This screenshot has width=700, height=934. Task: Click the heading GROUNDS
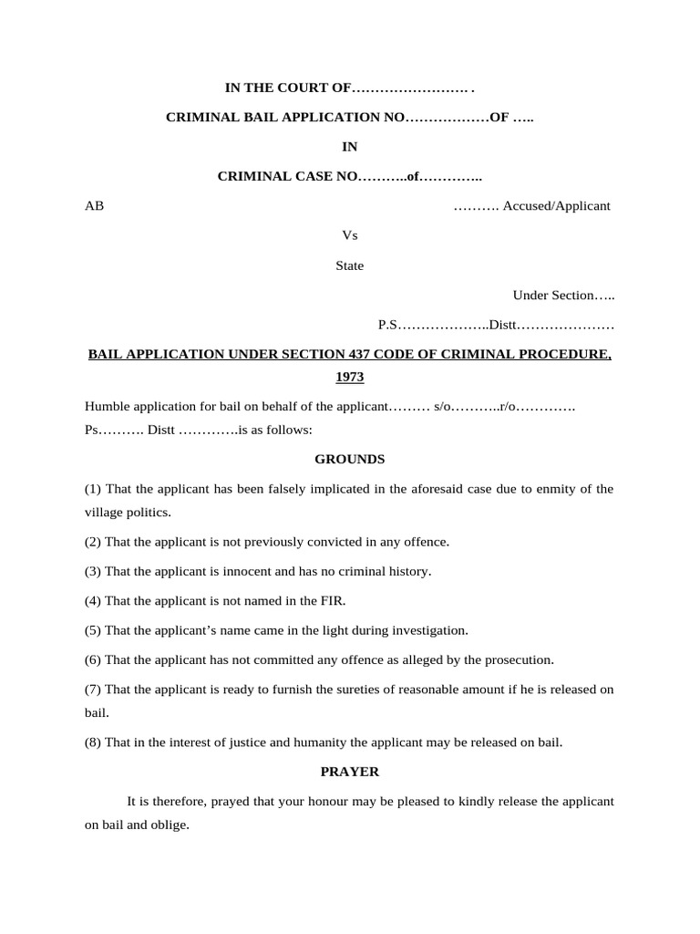349,459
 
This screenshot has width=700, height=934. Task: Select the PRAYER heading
349,771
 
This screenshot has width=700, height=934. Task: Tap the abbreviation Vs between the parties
349,235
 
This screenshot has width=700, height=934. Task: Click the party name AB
94,205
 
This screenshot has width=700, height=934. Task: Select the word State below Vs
349,265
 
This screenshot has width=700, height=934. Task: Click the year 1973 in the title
349,376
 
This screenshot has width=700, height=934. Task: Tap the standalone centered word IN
349,146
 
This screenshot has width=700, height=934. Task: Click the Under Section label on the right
553,295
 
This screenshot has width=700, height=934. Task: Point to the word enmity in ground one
544,489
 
